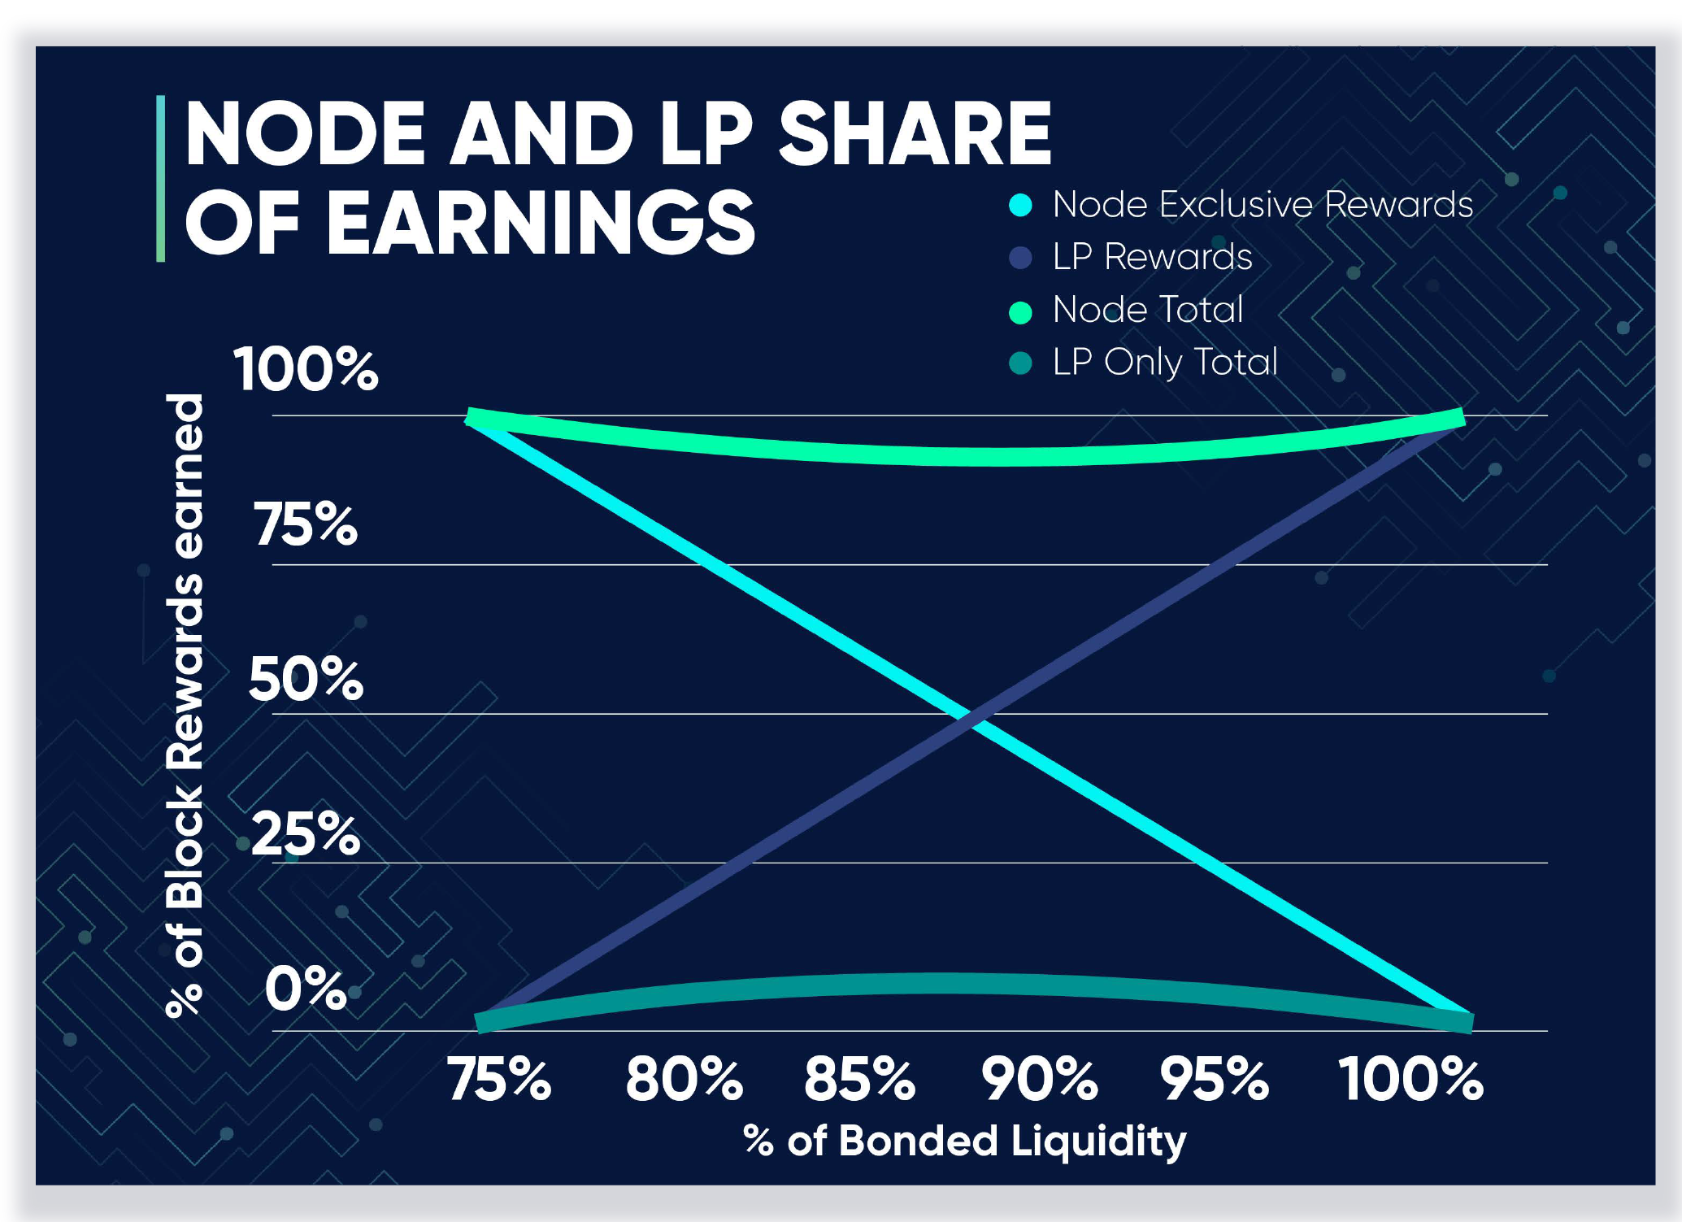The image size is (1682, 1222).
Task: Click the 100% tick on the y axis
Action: tap(306, 369)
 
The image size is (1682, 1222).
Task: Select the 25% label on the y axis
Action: tap(306, 833)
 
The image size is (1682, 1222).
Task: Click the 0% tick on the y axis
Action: tap(306, 989)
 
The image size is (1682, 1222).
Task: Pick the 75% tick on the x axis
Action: tap(499, 1079)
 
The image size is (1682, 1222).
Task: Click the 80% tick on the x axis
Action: tap(684, 1079)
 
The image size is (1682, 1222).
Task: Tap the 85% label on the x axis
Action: tap(860, 1079)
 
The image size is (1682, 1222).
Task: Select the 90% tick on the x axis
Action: tap(1040, 1079)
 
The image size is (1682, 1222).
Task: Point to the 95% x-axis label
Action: tap(1215, 1079)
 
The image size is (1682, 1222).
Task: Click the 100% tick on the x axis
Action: tap(1411, 1079)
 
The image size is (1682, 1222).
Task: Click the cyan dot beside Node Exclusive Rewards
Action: tap(1020, 205)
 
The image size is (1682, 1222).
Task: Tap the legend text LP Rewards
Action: tap(1153, 257)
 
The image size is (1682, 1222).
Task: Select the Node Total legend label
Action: tap(1148, 310)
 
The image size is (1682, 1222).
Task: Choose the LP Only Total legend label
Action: tap(1166, 363)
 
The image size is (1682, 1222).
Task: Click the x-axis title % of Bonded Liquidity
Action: tap(965, 1141)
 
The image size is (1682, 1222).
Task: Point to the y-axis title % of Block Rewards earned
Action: tap(185, 706)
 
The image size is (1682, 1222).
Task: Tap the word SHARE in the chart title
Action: tap(915, 133)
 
